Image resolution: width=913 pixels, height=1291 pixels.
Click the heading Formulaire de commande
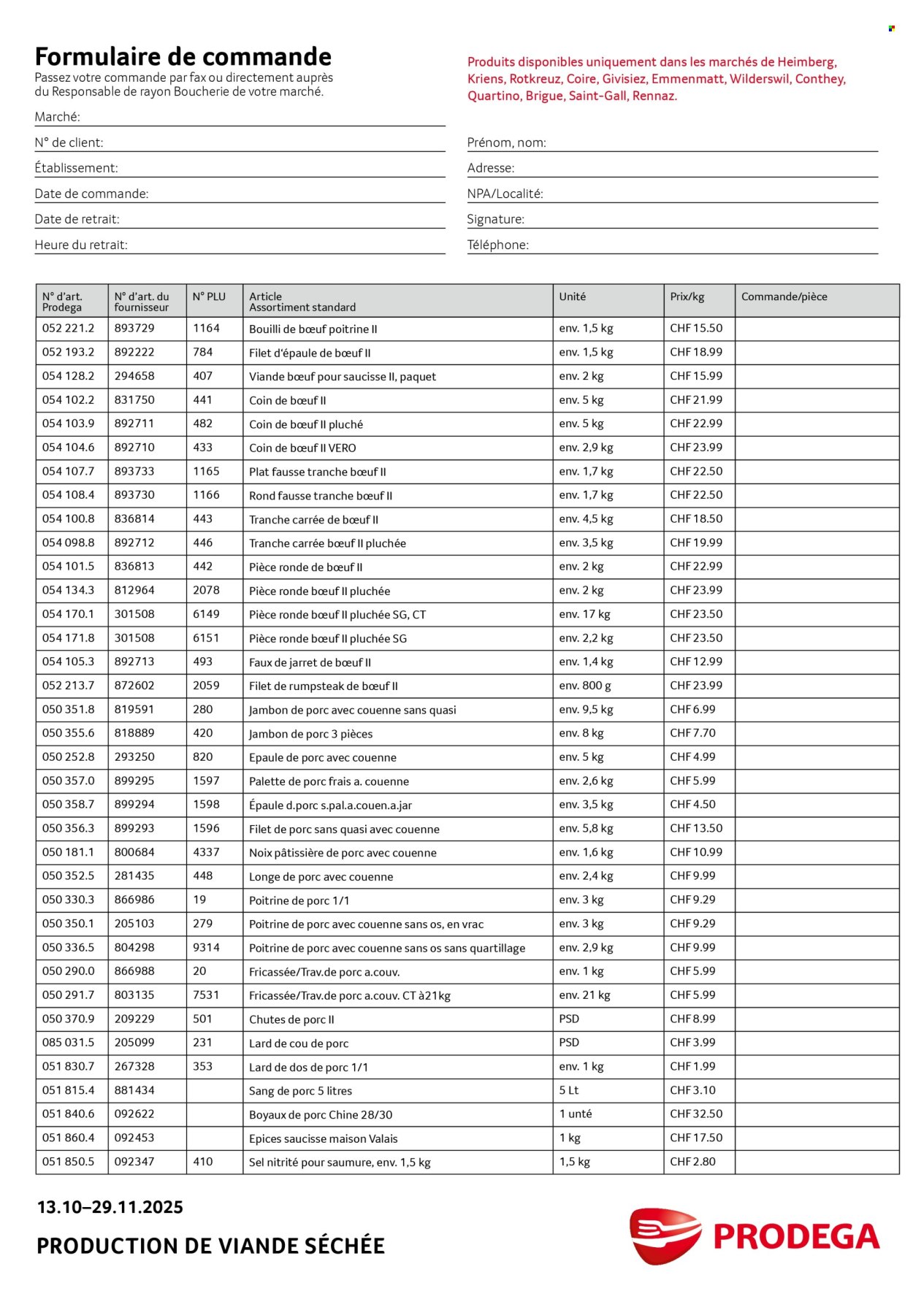183,57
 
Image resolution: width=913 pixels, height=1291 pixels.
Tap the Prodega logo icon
665,1236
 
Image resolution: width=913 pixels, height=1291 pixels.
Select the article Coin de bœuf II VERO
302,448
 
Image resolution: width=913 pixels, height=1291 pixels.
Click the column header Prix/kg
687,296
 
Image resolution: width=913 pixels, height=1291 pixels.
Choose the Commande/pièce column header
784,296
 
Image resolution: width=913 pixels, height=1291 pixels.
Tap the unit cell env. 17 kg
584,614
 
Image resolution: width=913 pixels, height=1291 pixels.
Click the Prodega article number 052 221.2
68,329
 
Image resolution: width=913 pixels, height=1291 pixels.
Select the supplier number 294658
134,376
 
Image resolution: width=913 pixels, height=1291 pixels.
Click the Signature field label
495,219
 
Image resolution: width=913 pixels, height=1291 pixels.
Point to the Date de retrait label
77,219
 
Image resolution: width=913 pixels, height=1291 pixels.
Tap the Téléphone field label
497,245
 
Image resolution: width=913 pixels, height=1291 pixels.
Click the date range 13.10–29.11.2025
110,1207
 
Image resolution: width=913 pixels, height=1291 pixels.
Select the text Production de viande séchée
210,1246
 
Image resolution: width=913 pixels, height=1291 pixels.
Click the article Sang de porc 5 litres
300,1091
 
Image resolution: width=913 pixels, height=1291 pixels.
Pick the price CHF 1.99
692,1067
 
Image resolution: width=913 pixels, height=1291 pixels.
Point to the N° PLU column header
209,296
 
